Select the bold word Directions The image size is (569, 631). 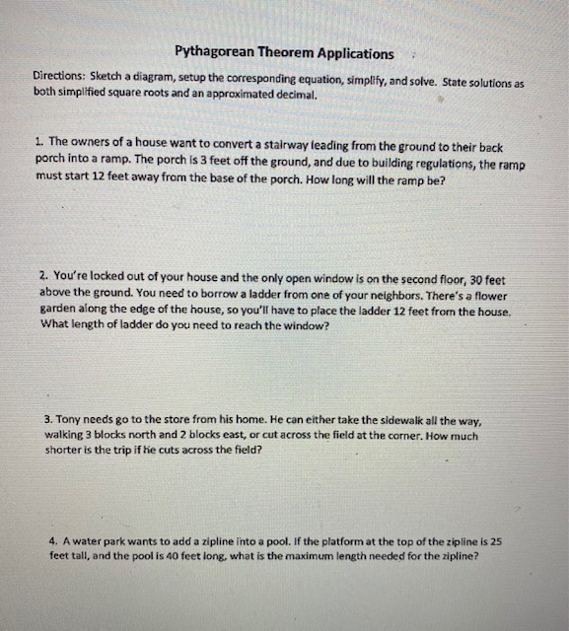point(62,76)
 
